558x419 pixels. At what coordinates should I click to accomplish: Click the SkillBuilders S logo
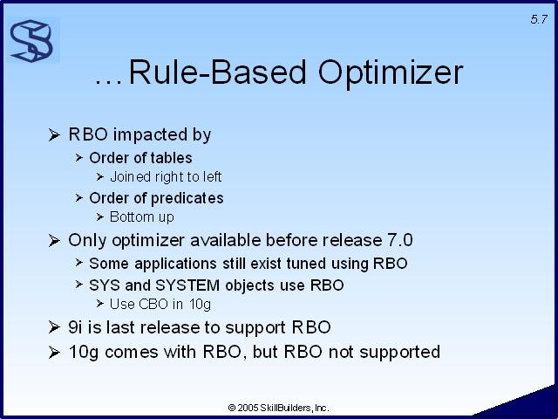[x=32, y=41]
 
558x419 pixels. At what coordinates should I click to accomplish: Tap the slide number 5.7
[x=539, y=19]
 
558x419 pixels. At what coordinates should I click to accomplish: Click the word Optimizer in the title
[x=391, y=73]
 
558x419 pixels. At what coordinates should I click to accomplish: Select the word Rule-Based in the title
[x=217, y=72]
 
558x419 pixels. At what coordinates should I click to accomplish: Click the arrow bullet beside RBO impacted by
[x=54, y=135]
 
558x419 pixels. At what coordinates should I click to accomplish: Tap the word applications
[x=175, y=264]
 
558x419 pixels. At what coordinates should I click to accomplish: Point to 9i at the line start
[x=75, y=327]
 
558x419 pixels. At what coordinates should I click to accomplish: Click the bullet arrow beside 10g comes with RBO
[x=54, y=352]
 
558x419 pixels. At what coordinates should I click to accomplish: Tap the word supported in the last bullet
[x=399, y=353]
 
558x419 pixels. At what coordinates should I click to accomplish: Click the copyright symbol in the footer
[x=232, y=408]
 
